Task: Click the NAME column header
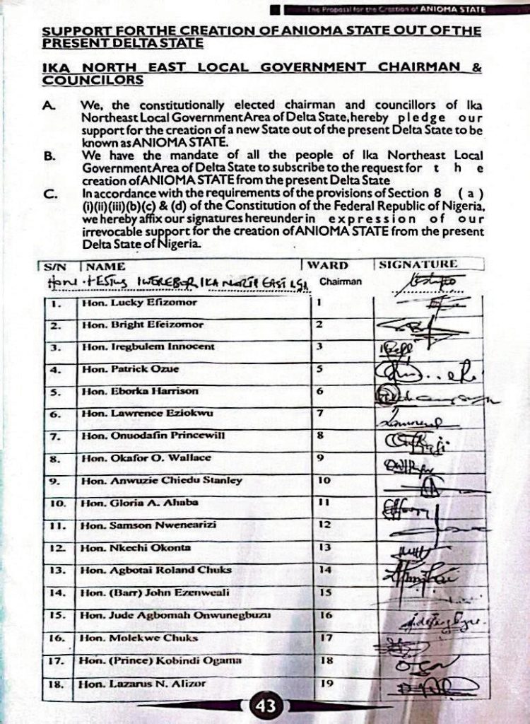(x=105, y=267)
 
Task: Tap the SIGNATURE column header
(x=418, y=264)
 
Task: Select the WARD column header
(x=329, y=265)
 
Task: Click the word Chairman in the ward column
(x=341, y=281)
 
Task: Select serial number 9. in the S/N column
(x=57, y=481)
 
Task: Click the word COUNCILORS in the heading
(x=92, y=80)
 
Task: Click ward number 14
(x=325, y=569)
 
